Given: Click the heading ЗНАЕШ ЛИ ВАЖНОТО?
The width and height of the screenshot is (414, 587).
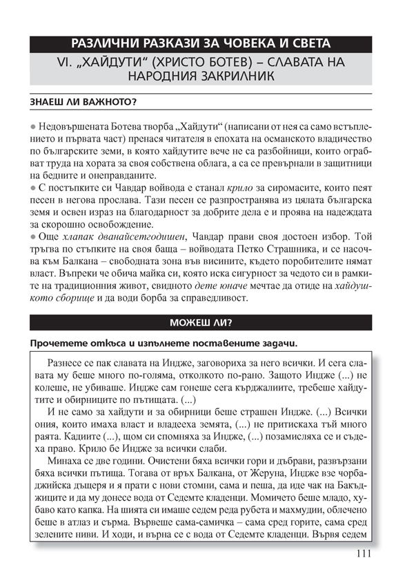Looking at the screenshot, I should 83,103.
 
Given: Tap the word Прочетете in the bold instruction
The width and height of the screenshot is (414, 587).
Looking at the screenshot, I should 58,344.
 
